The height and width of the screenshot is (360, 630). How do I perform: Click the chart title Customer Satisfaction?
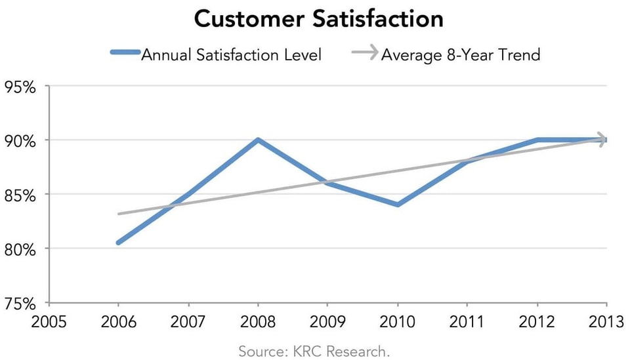pos(318,18)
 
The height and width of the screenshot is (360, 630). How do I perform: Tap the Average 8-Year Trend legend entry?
pos(460,54)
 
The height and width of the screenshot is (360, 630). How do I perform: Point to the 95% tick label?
pos(22,87)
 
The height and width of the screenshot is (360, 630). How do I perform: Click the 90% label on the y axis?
pos(22,140)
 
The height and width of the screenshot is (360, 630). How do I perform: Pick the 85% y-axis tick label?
pos(22,195)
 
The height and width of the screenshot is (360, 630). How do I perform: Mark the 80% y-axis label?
pos(22,249)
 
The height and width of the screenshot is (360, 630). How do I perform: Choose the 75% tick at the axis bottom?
pos(22,304)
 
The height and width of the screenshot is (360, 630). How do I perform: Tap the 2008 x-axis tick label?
pos(258,321)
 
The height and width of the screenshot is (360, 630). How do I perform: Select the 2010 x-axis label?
pos(397,321)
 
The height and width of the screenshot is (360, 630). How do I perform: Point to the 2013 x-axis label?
pos(606,321)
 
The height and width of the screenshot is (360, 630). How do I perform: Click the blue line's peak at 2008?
pos(258,140)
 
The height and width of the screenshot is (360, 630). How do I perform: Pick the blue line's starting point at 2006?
pos(119,243)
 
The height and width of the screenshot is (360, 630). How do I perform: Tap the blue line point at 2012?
pos(537,140)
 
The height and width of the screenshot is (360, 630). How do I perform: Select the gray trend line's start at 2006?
pos(119,214)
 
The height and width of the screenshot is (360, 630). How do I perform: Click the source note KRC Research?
pos(314,351)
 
